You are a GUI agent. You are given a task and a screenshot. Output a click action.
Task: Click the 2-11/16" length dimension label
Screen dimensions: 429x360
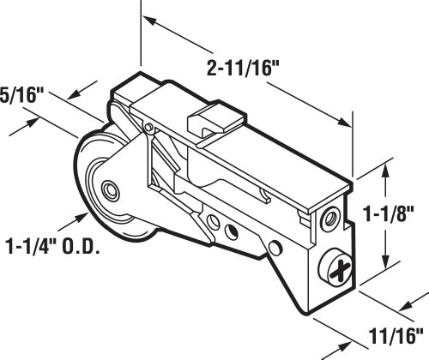(243, 69)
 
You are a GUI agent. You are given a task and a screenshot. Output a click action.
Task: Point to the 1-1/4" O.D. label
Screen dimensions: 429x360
(53, 246)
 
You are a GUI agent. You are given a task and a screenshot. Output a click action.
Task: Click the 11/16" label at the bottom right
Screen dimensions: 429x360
(396, 336)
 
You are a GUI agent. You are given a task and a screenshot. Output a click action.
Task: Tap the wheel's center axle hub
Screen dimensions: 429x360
(110, 190)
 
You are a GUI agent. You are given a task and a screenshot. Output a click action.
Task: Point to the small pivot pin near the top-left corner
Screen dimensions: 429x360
(148, 127)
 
